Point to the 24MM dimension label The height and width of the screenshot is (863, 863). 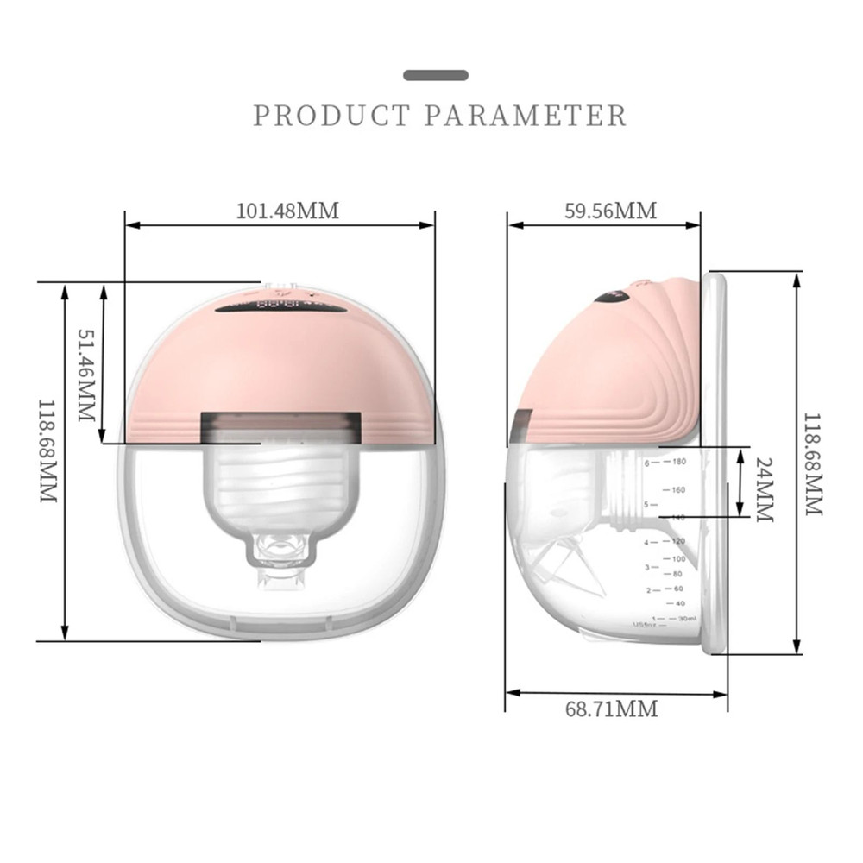point(764,488)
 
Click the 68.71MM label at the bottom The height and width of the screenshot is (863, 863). point(611,709)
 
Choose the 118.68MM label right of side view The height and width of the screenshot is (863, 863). point(813,463)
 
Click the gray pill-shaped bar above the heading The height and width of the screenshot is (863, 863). point(436,75)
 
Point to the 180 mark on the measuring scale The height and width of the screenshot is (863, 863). point(678,463)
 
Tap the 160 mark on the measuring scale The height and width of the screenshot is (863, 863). point(678,490)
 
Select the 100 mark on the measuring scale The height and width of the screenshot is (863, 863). point(678,558)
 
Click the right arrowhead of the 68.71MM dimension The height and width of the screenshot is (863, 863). point(723,692)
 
